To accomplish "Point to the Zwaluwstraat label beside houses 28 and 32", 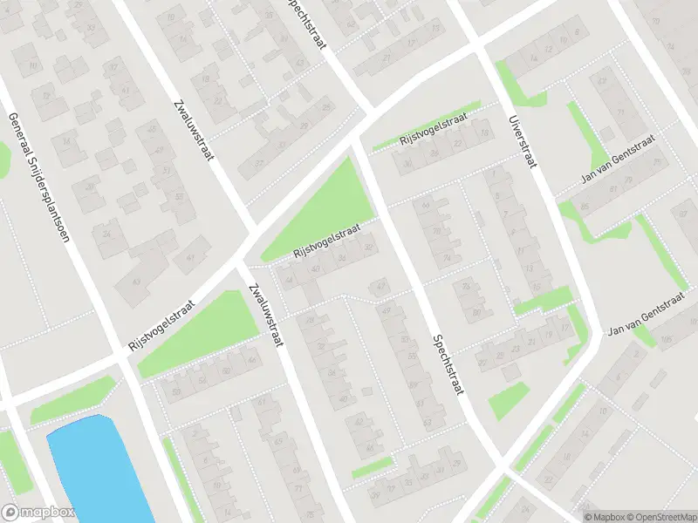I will click(x=265, y=315).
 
